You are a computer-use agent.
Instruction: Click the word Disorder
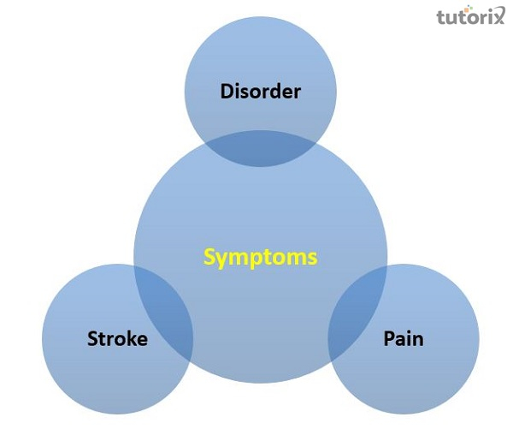tap(260, 91)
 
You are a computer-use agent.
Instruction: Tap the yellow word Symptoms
tap(260, 256)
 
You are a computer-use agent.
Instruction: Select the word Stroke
tap(117, 339)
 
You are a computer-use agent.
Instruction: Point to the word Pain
tap(403, 339)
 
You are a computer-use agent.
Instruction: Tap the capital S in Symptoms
tap(209, 256)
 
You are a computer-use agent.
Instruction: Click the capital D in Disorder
tap(227, 91)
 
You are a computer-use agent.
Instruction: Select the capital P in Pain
tap(388, 339)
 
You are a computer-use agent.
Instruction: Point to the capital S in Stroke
tap(92, 339)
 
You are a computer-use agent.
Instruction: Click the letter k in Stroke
tap(130, 339)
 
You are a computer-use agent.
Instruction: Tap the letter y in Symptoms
tap(221, 259)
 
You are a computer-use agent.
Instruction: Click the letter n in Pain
tap(417, 340)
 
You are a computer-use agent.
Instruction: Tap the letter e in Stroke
tap(142, 340)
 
